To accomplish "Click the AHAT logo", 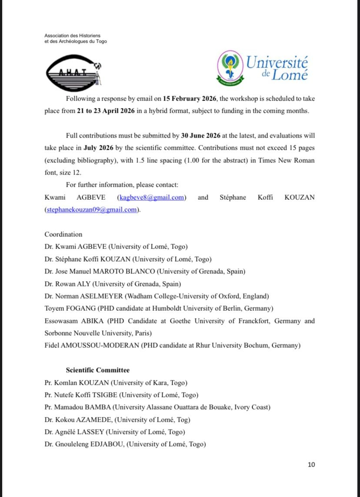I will pos(73,73).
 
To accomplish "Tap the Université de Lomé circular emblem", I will pos(230,68).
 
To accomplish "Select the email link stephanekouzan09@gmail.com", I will pos(91,210).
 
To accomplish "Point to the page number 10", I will pos(311,464).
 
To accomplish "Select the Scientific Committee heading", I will pos(97,370).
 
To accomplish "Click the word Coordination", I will pos(63,234).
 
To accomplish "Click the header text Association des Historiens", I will pos(72,35).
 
